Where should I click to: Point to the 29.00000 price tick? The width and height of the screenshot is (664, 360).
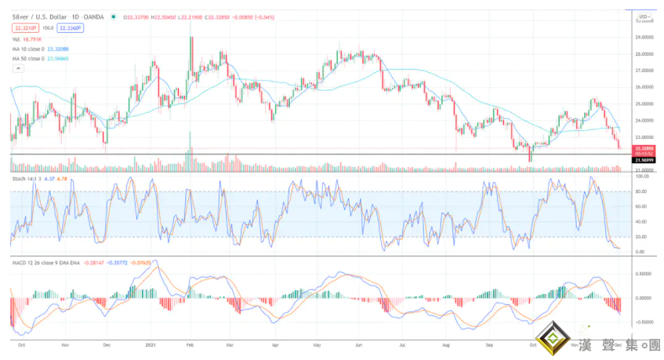(x=645, y=37)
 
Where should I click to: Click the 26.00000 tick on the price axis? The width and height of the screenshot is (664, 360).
(x=645, y=87)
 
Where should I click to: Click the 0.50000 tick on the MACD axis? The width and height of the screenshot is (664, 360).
(x=644, y=275)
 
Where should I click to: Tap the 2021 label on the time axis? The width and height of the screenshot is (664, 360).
(x=151, y=344)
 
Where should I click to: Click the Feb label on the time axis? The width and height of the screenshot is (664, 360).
(x=190, y=344)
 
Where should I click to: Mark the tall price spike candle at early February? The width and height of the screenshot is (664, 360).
(x=190, y=47)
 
